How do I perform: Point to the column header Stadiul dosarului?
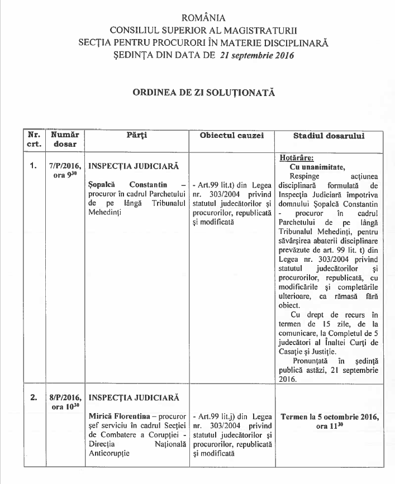click(x=329, y=136)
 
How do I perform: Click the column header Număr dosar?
click(x=64, y=140)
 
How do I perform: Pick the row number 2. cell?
click(x=33, y=397)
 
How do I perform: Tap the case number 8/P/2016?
click(x=65, y=397)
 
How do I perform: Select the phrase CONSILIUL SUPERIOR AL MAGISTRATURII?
click(x=204, y=30)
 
